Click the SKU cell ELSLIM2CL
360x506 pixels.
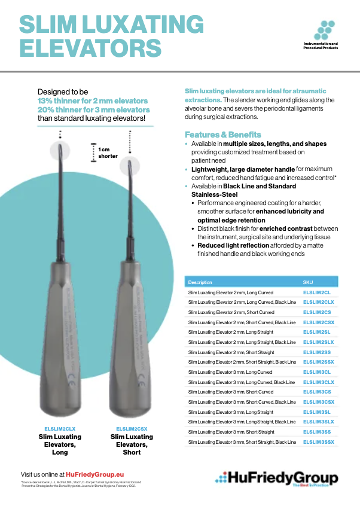coord(316,292)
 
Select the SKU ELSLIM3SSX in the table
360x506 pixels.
coord(318,442)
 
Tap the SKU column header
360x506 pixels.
coord(308,282)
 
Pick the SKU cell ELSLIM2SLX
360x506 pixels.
coord(318,342)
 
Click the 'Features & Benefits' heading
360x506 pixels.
coord(222,135)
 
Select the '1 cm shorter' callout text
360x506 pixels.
coord(108,152)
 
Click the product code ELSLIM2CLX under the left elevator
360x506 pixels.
coord(60,429)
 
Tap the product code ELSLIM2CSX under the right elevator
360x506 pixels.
coord(132,429)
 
